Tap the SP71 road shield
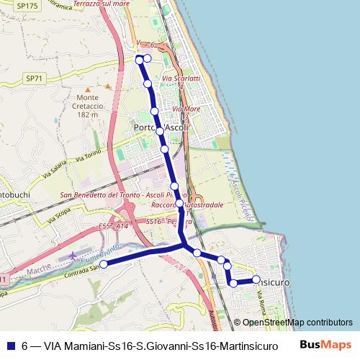point(33,78)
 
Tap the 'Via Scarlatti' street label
point(181,78)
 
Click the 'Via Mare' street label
point(182,109)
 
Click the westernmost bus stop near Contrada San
point(103,264)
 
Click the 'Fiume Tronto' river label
point(102,253)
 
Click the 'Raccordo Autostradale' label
point(187,205)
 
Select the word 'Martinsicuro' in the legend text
point(233,345)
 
